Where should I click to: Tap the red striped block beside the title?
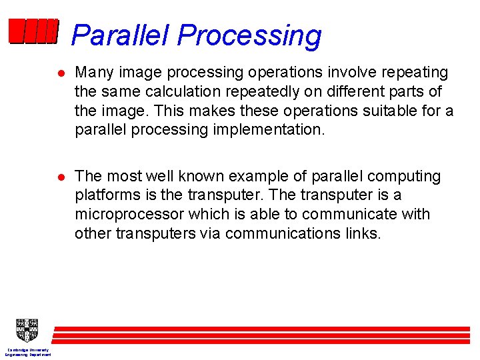33,31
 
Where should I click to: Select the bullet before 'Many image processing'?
61,73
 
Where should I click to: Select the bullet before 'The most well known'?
61,177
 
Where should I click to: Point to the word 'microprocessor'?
129,215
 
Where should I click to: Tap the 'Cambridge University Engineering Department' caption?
28,352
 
